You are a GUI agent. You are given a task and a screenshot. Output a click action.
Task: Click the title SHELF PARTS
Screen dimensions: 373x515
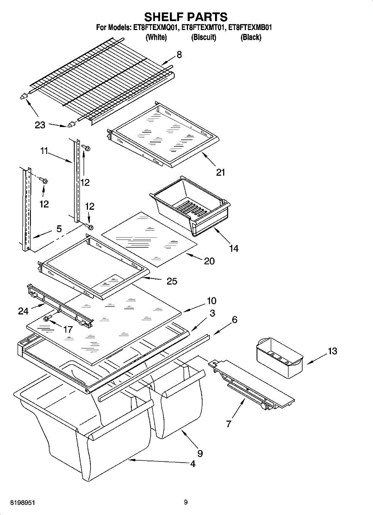[186, 17]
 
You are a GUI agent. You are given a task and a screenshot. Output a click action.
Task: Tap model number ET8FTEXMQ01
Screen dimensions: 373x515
[155, 27]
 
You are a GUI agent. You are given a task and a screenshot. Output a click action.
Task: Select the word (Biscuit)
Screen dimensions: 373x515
[204, 37]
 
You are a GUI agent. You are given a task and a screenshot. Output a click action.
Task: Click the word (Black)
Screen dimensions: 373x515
[251, 37]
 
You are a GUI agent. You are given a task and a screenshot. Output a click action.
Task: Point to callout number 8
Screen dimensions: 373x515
[179, 55]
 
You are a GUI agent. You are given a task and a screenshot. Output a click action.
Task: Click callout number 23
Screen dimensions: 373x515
[40, 125]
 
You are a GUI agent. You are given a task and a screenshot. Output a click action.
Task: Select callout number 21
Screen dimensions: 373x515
[221, 172]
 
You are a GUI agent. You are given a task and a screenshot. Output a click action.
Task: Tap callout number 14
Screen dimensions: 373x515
[234, 248]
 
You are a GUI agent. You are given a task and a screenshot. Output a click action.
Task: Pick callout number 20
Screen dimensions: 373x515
[209, 261]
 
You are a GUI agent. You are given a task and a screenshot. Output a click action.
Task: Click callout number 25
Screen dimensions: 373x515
[172, 281]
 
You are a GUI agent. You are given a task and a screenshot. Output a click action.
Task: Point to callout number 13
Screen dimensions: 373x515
[332, 351]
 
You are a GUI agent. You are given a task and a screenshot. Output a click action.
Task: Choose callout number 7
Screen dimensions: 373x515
[229, 424]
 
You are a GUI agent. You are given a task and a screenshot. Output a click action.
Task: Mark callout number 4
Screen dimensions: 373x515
[193, 464]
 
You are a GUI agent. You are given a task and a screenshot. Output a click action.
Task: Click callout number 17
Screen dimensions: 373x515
[68, 330]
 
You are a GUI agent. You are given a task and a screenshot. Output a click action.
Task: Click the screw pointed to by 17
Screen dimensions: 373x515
[47, 318]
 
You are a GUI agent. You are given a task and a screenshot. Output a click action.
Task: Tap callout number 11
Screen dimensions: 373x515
[44, 151]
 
